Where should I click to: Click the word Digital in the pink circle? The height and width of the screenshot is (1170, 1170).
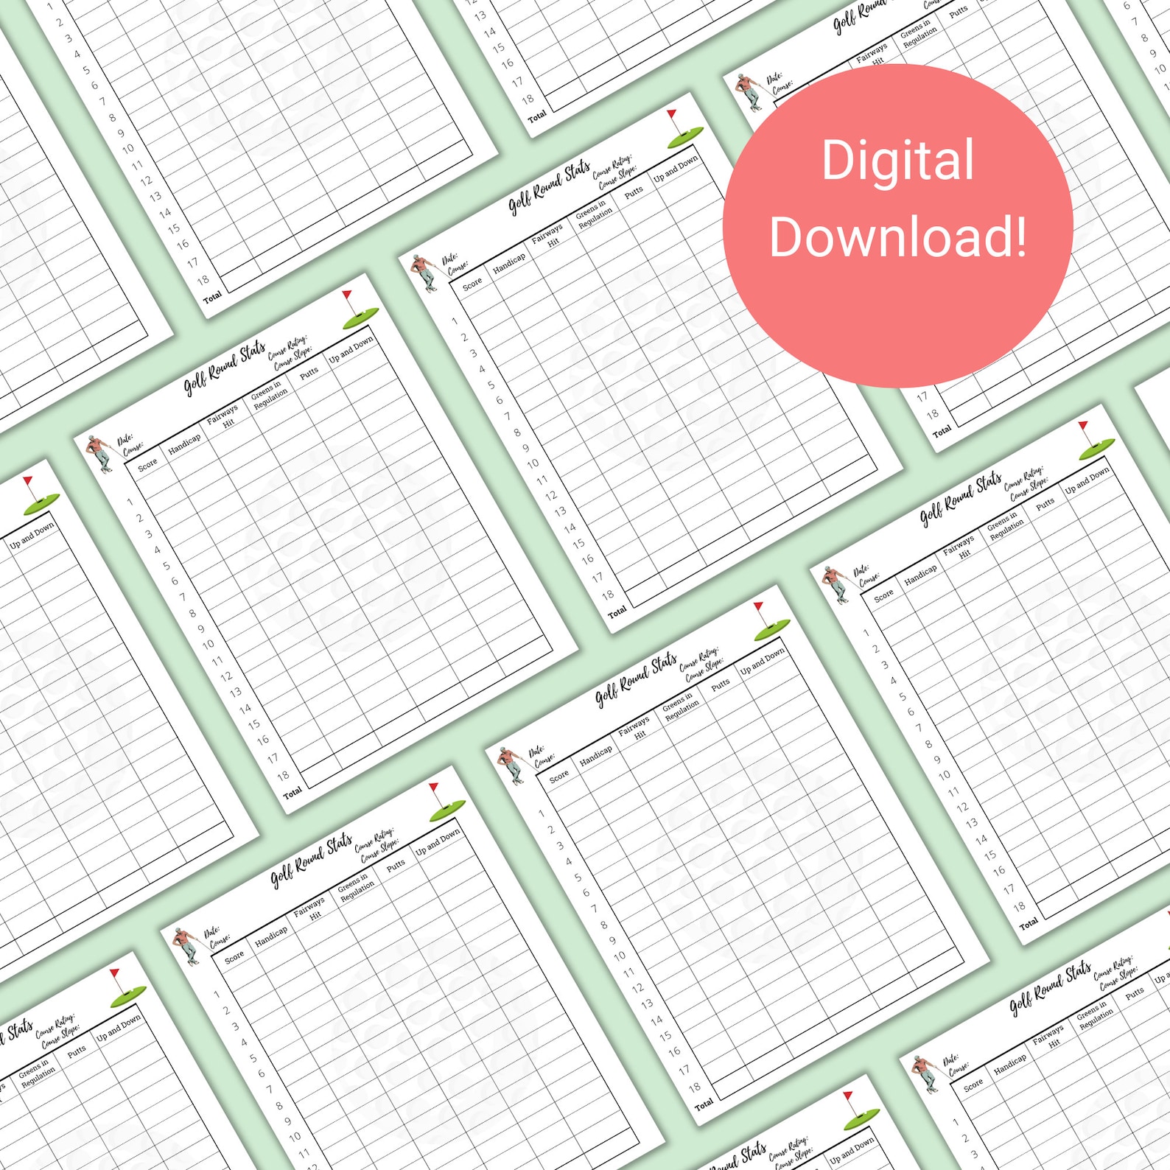[897, 161]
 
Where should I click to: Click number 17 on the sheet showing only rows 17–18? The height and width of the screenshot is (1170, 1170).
[922, 397]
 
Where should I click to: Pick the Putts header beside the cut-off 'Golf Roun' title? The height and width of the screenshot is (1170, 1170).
[958, 12]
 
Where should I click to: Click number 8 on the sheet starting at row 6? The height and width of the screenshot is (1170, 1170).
[1144, 38]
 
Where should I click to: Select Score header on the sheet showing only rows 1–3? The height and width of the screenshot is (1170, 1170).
[973, 1085]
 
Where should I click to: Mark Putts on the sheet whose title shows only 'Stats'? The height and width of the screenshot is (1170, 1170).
[77, 1051]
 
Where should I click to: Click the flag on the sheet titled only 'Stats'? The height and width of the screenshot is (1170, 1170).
[115, 975]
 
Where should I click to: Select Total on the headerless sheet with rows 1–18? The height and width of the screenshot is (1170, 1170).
[212, 298]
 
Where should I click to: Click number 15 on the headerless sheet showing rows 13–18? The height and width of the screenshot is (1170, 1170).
[499, 48]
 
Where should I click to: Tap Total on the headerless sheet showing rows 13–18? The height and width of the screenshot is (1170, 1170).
[537, 116]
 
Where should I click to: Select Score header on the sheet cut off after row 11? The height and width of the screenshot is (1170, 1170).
[234, 957]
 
